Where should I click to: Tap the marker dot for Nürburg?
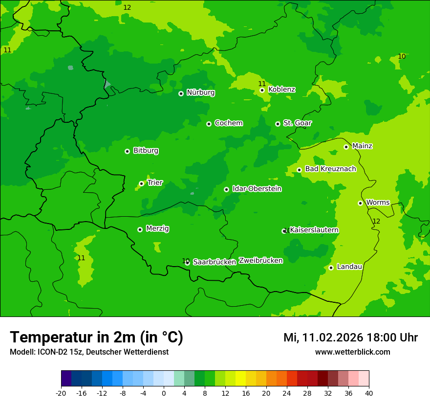pos(181,93)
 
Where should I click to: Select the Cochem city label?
pos(228,123)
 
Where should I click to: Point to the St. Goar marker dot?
pos(278,124)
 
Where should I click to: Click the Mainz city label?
pos(362,146)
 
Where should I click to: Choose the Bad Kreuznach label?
pos(330,169)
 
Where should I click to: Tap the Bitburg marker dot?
pos(127,151)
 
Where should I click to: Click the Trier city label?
pos(155,183)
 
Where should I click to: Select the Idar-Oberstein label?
pos(257,189)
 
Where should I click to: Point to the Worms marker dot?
pos(360,203)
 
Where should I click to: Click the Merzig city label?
pos(157,229)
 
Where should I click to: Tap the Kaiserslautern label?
pos(314,230)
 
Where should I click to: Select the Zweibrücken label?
pos(260,261)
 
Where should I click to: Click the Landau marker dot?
pos(331,268)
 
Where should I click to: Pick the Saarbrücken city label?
pos(215,262)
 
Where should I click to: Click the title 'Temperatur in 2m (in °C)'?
pos(96,338)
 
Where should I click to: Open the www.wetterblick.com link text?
pos(352,352)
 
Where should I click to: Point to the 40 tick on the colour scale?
pos(369,393)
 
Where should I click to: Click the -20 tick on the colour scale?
pos(61,393)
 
